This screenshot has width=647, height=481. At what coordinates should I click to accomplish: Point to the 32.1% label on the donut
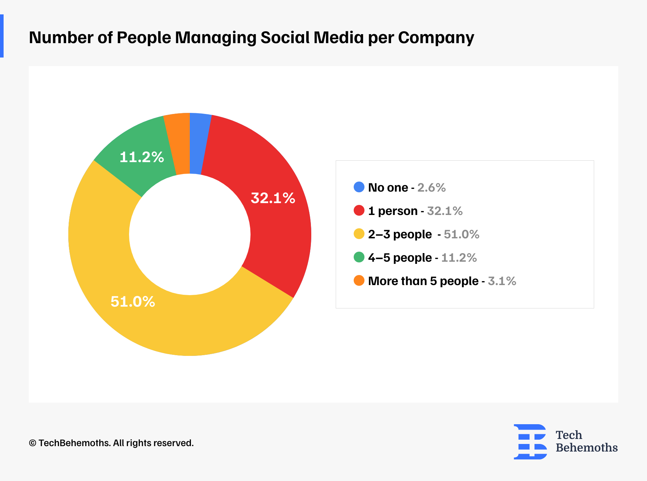pos(273,198)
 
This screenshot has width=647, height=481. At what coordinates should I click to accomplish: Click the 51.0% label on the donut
pos(133,302)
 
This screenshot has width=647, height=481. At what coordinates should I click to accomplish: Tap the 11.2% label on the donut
pos(142,157)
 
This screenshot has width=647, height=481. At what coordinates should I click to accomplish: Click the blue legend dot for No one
pos(359,187)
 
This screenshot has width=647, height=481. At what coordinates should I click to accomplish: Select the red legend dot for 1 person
pos(359,210)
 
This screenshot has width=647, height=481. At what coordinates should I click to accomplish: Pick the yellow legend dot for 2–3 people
pos(359,234)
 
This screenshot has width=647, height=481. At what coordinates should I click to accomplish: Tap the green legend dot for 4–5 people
pos(359,257)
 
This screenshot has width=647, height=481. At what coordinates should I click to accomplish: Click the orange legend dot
pos(359,280)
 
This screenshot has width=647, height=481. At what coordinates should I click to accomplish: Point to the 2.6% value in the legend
pos(431,188)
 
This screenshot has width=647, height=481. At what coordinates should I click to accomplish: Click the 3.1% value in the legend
pos(502,281)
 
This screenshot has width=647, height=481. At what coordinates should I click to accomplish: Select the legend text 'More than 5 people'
pos(423,281)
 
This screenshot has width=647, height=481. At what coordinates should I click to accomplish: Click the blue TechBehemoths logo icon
pos(530,441)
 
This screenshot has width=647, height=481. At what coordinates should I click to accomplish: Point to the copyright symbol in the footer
pos(32,443)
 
